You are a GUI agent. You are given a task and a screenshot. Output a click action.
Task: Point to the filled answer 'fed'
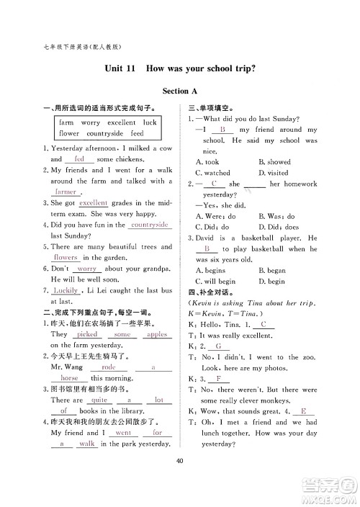[79, 158]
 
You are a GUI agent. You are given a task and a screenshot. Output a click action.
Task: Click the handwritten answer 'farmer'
[66, 192]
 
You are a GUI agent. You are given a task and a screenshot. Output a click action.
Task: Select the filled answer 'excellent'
[93, 203]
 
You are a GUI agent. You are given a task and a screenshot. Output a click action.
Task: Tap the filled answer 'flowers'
[66, 257]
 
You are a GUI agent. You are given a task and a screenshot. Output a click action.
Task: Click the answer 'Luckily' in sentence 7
[66, 290]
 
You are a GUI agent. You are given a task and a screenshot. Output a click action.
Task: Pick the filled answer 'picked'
[87, 334]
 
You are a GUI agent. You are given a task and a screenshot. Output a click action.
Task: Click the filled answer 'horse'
[70, 377]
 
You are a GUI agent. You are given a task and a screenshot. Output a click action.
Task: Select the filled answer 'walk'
[87, 444]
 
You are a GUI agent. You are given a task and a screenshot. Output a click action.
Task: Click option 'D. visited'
[273, 173]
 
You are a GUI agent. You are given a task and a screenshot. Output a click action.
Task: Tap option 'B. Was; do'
[276, 216]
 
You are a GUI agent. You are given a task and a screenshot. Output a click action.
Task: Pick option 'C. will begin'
[215, 281]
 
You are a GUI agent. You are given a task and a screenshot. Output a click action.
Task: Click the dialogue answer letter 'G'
[217, 346]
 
